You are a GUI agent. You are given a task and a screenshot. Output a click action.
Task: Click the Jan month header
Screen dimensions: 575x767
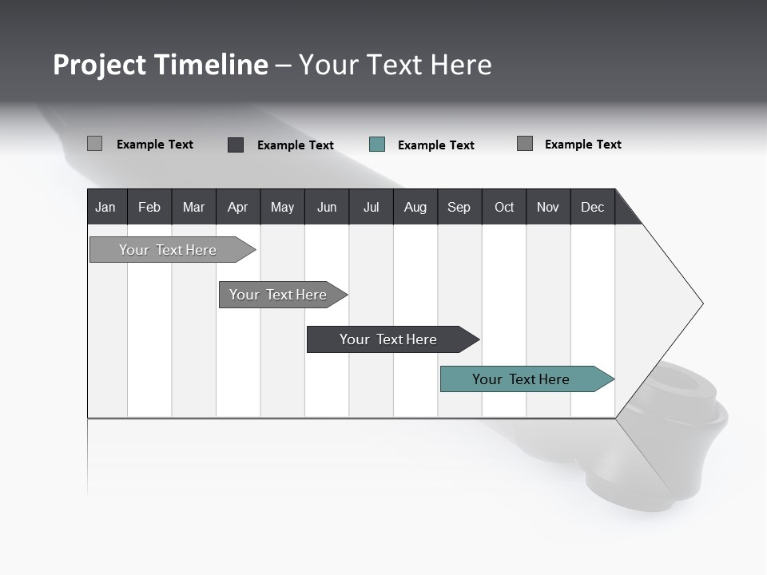coord(106,207)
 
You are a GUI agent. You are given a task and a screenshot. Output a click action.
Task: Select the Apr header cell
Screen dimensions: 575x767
coord(238,207)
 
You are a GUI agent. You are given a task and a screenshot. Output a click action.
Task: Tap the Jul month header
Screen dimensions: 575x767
coord(372,207)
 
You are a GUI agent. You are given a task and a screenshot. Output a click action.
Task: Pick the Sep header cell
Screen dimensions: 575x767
coord(459,207)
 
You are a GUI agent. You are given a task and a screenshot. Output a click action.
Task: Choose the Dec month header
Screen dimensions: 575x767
coord(593,207)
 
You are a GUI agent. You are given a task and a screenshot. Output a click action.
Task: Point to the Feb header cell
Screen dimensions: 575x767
coord(149,207)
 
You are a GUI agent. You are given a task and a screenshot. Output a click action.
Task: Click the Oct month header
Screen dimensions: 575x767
coord(504,207)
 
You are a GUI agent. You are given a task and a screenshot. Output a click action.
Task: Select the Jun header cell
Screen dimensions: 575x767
coord(327,207)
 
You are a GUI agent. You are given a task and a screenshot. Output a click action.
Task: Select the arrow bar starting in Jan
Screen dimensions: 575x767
coord(169,250)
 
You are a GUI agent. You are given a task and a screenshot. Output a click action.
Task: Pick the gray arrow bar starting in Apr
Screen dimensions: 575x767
coord(279,295)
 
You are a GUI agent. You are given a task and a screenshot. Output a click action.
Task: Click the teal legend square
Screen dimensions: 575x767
coord(377,145)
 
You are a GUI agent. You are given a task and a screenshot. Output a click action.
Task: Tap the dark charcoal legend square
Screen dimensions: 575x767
coord(236,145)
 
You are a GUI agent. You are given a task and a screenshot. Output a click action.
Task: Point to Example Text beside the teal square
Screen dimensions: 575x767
coord(435,145)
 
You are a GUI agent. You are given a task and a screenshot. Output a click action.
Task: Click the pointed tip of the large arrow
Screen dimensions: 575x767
coord(701,303)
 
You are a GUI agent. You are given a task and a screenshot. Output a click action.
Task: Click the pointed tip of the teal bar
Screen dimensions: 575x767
coord(612,379)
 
